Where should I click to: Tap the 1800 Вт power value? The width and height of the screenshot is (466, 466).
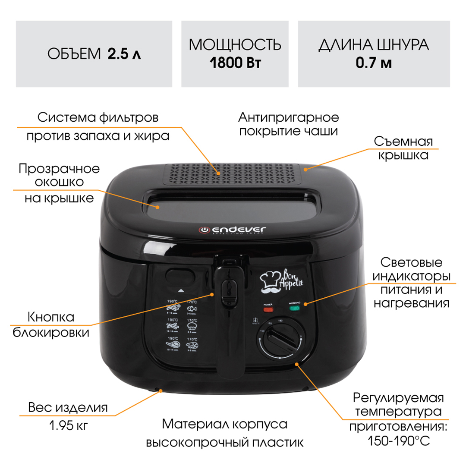tap(235, 63)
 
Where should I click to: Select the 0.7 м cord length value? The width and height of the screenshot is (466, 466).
tap(374, 63)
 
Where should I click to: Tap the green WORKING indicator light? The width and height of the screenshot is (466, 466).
tap(294, 309)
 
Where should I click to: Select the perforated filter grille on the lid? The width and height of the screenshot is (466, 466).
tap(232, 174)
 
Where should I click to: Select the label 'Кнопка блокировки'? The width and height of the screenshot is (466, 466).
tap(51, 325)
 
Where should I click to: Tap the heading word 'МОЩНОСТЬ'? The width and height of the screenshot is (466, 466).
tap(235, 45)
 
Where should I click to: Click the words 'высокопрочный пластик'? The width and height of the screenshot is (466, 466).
tap(224, 443)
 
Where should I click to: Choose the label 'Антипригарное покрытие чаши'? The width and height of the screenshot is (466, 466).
tap(289, 124)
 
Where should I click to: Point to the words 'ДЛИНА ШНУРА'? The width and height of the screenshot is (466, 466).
tap(374, 45)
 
